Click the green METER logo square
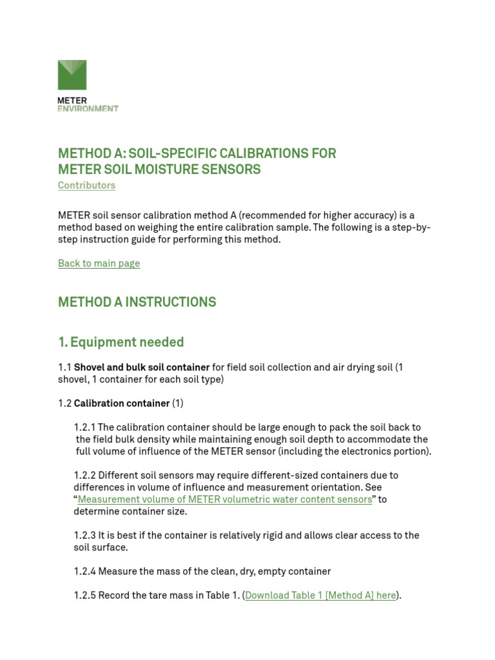tap(72, 75)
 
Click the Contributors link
tap(86, 186)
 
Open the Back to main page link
tap(99, 264)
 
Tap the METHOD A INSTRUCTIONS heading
tap(137, 302)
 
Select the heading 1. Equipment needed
tap(121, 342)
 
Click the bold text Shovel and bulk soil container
tap(142, 367)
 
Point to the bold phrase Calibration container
tap(122, 403)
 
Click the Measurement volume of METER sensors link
tap(225, 500)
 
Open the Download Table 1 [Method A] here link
tap(320, 596)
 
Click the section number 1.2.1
tap(85, 427)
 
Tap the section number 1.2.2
tap(85, 476)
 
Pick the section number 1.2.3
tap(85, 536)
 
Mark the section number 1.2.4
tap(85, 572)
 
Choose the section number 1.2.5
tap(85, 596)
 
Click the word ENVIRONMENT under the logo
tap(88, 109)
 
